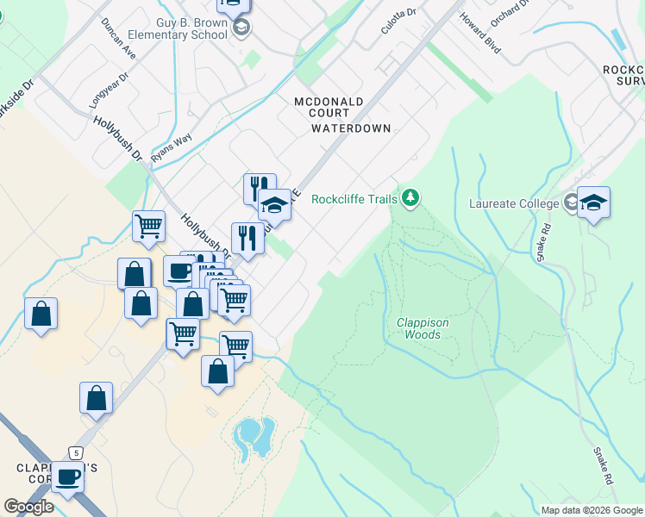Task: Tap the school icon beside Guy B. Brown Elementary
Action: coord(242,29)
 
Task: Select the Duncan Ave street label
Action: coord(117,39)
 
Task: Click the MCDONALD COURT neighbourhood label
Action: coord(341,102)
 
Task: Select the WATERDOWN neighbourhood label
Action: coord(351,128)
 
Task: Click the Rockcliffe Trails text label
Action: coord(354,199)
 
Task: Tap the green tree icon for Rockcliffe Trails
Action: coord(410,199)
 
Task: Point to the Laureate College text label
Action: coord(515,204)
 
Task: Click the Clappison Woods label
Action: coord(423,328)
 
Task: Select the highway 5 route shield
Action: coord(77,452)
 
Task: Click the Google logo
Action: coord(28,507)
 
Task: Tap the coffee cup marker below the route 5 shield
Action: coord(67,477)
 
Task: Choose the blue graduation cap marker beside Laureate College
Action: coord(593,204)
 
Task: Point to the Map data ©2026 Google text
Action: coord(591,510)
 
